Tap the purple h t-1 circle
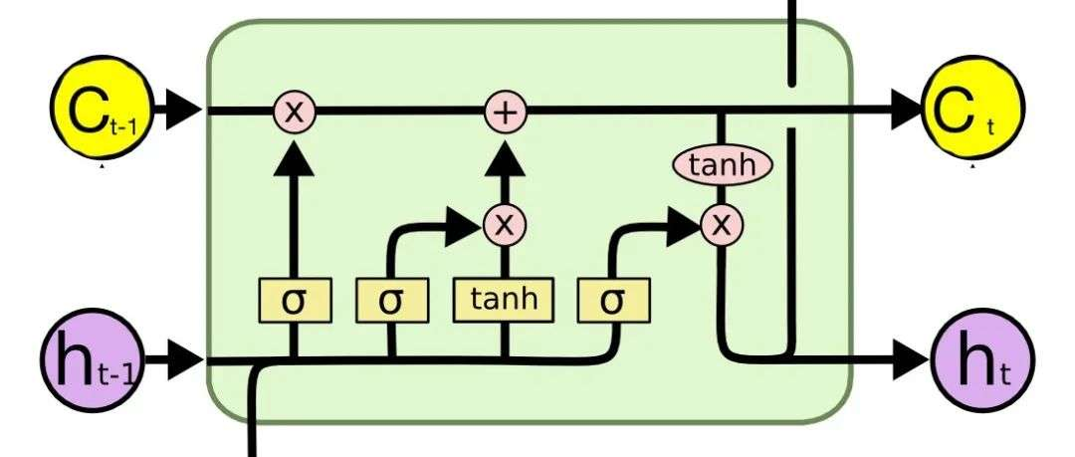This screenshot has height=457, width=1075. tap(89, 360)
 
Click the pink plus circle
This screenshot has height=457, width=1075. tap(505, 112)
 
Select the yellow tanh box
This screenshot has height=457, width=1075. tap(504, 300)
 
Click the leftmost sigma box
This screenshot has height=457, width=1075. tap(294, 300)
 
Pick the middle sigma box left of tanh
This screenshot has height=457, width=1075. tap(390, 300)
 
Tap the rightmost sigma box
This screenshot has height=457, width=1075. tap(612, 300)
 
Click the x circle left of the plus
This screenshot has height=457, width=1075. tap(294, 112)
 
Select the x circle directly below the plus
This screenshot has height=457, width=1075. tap(505, 225)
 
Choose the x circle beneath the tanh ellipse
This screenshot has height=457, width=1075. tap(722, 225)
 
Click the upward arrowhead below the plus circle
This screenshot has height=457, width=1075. tap(505, 157)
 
